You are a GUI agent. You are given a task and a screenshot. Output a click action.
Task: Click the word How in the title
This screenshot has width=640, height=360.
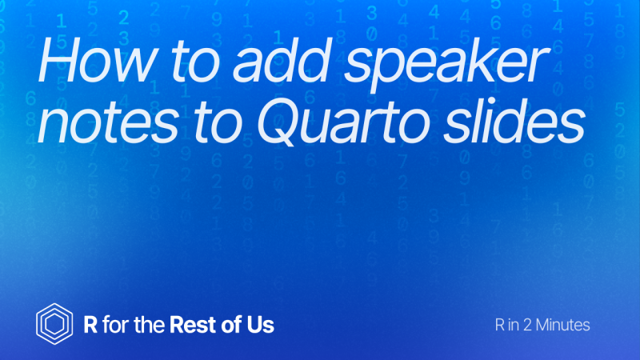point(97,60)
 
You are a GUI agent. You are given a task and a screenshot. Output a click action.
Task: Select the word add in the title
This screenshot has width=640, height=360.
point(282,60)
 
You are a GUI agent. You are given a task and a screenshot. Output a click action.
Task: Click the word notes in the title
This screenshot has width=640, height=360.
point(108,122)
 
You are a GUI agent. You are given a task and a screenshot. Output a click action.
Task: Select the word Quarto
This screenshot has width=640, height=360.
point(343,122)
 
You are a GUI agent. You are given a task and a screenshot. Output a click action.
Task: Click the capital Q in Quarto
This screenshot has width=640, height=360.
point(282,122)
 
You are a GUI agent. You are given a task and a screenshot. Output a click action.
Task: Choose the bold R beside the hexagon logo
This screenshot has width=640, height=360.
point(90,325)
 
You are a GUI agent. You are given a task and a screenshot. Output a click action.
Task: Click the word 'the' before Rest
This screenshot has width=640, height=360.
point(150,325)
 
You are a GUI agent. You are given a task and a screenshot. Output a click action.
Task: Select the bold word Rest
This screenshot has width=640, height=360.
point(193,325)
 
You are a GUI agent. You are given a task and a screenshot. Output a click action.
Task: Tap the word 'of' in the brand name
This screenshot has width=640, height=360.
point(231,325)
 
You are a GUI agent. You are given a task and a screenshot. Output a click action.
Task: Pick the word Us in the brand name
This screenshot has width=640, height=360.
point(261,325)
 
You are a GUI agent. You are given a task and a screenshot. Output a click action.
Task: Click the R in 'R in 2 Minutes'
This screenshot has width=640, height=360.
point(500,325)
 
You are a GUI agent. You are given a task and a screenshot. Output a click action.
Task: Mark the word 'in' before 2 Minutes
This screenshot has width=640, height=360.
point(514,325)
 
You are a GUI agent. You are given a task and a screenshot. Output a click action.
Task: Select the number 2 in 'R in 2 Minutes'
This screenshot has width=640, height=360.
point(527,325)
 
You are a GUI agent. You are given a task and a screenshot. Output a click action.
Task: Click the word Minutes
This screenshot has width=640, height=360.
point(563,325)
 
